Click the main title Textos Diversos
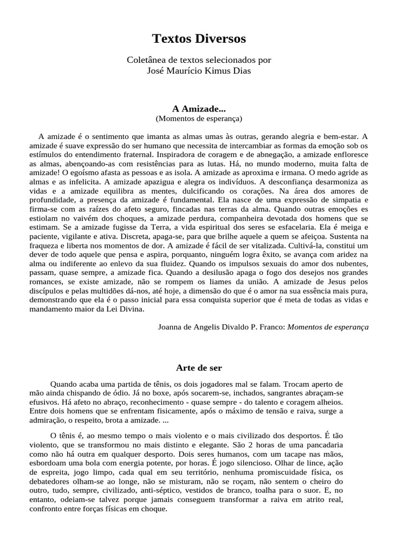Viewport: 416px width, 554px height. (199, 38)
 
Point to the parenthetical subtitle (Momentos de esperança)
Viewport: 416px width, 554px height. (199, 118)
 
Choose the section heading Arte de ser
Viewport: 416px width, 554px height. (199, 368)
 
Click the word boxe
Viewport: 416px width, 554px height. (159, 392)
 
